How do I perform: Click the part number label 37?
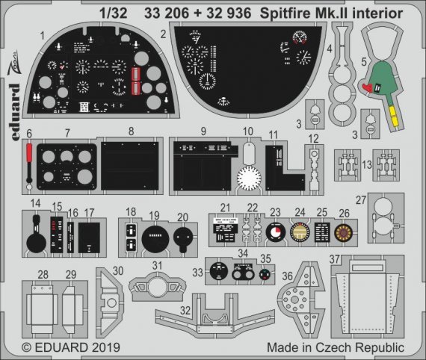point(336,259)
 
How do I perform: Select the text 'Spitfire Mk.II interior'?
point(339,13)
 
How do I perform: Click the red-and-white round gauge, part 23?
point(276,232)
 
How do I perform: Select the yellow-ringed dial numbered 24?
point(300,232)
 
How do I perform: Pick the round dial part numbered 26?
point(343,232)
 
